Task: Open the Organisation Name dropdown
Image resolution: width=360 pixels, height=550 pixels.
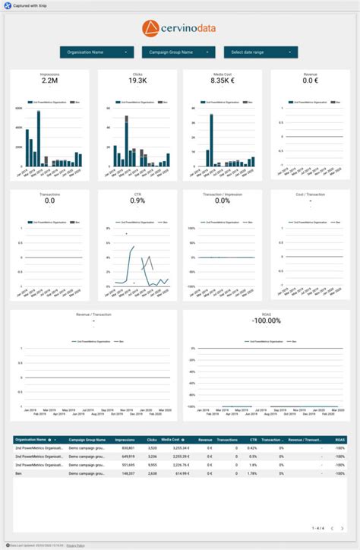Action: (96, 52)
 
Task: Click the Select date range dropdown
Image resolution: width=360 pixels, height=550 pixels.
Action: (261, 52)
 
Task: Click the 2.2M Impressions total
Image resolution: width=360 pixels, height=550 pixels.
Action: (49, 81)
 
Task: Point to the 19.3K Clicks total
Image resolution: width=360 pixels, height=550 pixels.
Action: (137, 81)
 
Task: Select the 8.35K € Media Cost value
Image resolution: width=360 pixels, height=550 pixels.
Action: (223, 81)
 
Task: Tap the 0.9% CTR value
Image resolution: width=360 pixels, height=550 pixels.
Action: (137, 201)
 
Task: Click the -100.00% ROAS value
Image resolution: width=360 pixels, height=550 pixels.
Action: (266, 320)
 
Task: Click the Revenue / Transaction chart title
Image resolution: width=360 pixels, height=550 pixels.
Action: (93, 313)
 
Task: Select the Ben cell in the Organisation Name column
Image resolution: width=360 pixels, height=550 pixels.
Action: (19, 473)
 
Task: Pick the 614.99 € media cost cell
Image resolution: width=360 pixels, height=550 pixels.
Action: (180, 473)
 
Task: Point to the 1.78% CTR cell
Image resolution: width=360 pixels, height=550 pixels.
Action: (252, 473)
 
